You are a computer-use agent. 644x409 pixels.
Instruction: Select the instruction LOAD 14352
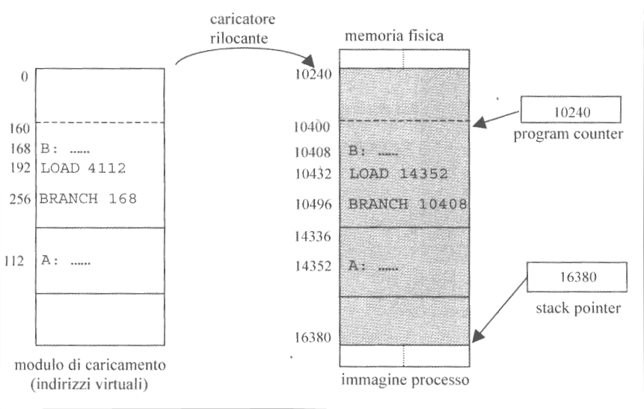pyautogui.click(x=398, y=174)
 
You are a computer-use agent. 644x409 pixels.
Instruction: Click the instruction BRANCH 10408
pyautogui.click(x=408, y=204)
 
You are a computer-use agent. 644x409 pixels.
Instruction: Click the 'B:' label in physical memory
pyautogui.click(x=357, y=151)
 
